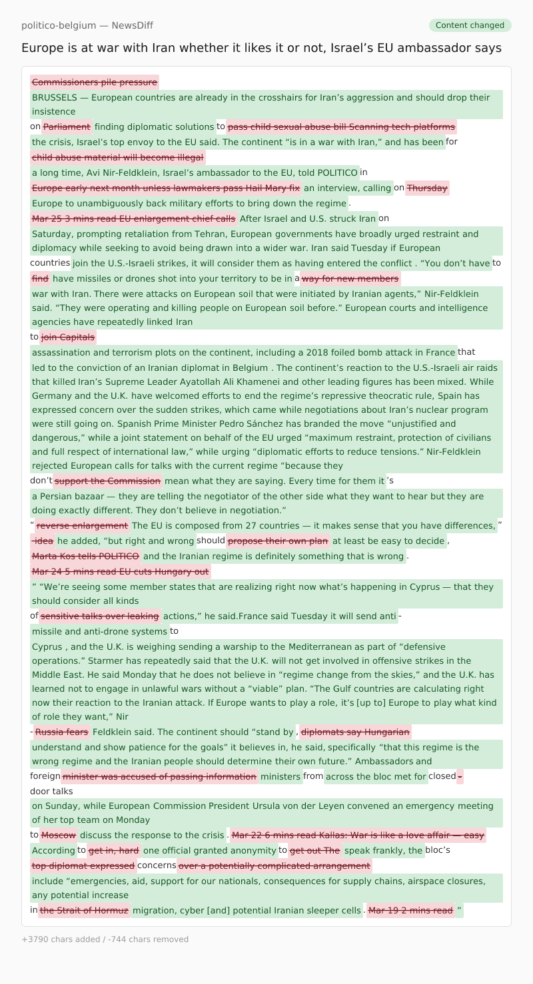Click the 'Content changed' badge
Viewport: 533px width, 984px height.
(470, 25)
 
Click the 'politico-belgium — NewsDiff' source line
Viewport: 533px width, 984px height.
(87, 25)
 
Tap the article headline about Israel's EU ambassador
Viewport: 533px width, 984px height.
(261, 48)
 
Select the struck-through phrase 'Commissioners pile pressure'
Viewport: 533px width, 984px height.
(95, 83)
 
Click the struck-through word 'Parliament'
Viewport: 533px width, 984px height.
(67, 126)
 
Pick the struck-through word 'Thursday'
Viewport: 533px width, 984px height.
(427, 188)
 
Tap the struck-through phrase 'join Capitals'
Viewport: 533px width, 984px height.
(68, 337)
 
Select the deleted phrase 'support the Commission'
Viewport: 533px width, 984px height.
(107, 481)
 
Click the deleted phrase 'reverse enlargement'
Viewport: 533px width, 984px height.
(83, 526)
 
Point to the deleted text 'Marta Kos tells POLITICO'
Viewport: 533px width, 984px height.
(85, 556)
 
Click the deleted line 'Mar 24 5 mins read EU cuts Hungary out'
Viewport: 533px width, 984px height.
(120, 571)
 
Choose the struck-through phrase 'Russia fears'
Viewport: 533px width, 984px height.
(61, 732)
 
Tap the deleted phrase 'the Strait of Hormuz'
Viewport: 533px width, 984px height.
(84, 910)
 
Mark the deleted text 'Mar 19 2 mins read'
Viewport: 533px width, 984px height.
(410, 910)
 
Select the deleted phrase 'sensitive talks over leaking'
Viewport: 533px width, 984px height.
(100, 616)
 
